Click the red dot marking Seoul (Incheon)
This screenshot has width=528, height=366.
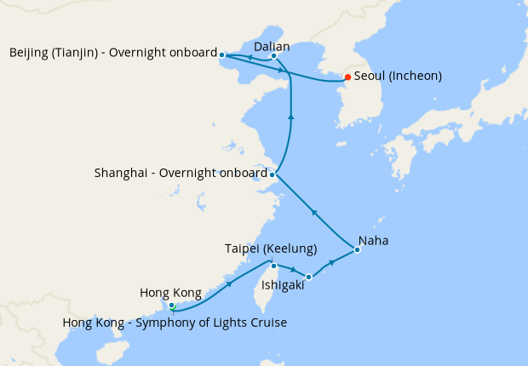click(347, 77)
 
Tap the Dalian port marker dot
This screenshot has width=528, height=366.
click(273, 57)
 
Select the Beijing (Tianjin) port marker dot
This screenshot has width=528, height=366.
click(222, 54)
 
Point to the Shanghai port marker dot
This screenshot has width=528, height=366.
click(272, 174)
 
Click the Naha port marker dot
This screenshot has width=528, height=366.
click(358, 249)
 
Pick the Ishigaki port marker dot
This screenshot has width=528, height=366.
click(309, 277)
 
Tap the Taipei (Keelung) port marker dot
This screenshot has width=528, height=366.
click(273, 265)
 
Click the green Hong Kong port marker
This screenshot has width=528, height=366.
click(171, 305)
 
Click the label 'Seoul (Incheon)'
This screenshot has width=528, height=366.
click(398, 77)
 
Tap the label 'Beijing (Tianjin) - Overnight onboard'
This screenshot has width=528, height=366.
click(113, 54)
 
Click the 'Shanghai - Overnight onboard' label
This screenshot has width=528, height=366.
click(181, 174)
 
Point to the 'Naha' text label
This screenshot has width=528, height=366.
click(374, 241)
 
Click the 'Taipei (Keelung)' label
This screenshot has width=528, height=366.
click(271, 249)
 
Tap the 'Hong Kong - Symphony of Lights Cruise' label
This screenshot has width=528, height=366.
click(175, 323)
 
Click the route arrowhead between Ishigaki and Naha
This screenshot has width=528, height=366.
click(332, 265)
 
